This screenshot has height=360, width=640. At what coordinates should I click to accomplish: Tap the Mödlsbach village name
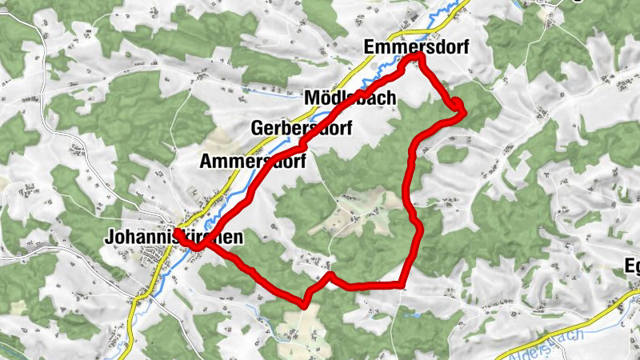(350, 98)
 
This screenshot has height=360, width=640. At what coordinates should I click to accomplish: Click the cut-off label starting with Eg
(631, 266)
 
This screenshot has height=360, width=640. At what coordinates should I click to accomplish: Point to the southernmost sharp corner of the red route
(305, 303)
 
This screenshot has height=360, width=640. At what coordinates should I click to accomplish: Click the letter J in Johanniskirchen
(109, 238)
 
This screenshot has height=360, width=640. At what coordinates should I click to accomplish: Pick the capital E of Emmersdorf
(369, 46)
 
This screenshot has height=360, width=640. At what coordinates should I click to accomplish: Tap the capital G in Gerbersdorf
(257, 128)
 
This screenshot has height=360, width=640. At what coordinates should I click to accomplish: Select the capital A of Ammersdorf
(206, 161)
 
